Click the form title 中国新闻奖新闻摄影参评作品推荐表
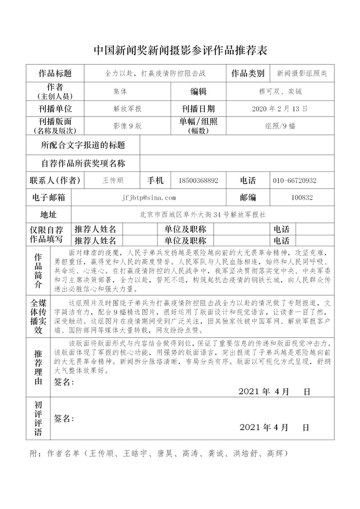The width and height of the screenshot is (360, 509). pos(180,50)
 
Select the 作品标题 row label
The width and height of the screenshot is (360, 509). pos(55,73)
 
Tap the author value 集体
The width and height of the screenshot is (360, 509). pos(120,91)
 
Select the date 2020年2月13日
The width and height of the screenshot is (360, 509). pos(280,109)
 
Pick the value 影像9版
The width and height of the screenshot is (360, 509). pos(127,126)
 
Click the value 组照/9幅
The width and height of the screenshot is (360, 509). pos(280,126)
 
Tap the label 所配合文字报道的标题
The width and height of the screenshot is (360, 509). pos(83,145)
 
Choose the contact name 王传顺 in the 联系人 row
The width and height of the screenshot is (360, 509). pos(113,180)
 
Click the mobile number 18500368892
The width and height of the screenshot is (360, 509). pos(198,180)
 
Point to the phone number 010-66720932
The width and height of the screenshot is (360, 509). pos(294,180)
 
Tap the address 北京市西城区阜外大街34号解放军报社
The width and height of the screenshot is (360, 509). pos(206,214)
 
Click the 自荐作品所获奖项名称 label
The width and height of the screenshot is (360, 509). pos(83,163)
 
